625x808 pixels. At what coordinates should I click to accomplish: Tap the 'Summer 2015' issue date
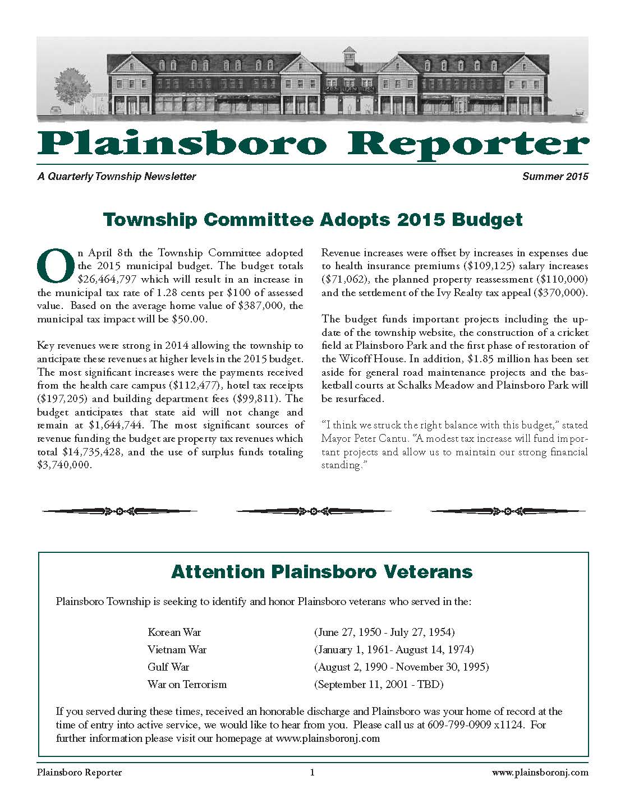555,177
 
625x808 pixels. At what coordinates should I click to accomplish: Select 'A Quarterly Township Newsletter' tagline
117,177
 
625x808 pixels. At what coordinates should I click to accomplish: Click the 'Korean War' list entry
174,632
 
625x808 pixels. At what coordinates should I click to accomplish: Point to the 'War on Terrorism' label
187,684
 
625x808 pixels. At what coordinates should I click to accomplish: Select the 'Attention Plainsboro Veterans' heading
321,572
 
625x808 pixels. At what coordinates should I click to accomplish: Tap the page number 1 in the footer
312,772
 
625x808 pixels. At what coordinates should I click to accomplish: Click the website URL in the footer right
540,772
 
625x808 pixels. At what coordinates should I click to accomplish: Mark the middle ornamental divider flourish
312,511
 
